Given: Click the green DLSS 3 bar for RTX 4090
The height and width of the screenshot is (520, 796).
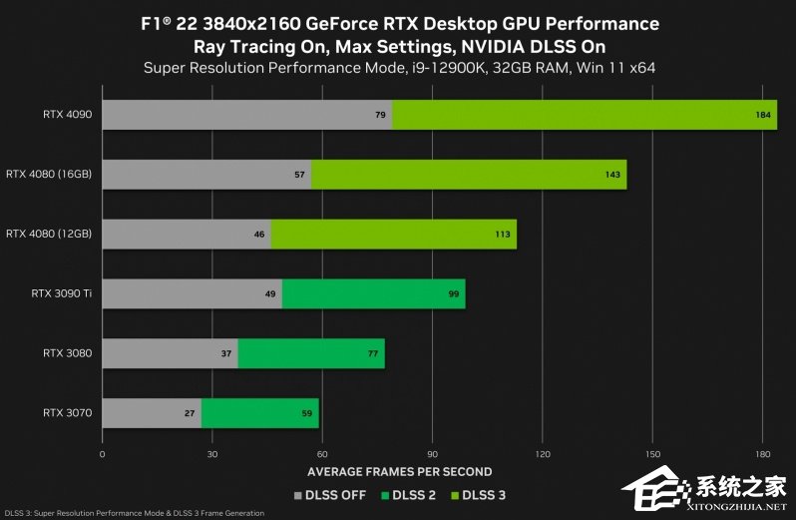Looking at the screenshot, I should coord(584,115).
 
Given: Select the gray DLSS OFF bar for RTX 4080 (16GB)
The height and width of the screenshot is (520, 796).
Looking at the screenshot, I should coord(205,175).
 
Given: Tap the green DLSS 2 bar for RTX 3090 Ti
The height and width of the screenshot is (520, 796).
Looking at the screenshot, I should coord(373,293).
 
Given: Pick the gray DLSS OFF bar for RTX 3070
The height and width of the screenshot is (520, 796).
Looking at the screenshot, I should coord(151,412).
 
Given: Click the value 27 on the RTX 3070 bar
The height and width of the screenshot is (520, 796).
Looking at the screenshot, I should coord(190,412).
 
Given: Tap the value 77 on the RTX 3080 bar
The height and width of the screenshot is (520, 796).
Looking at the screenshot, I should coord(372,353).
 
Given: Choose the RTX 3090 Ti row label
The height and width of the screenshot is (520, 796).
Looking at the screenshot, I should coord(62,293).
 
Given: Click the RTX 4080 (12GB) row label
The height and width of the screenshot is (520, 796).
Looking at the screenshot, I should coord(49,234).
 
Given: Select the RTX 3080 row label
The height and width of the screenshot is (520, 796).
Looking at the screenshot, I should coord(68,353).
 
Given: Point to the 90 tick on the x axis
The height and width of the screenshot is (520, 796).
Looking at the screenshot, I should coord(432,453).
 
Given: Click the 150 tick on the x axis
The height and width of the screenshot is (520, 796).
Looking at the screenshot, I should coord(651,453).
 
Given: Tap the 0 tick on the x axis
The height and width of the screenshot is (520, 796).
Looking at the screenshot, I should coord(103,453).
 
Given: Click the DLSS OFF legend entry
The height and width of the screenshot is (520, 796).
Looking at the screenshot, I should coord(330,494).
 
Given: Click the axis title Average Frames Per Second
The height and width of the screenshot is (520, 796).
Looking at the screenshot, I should coord(399,472).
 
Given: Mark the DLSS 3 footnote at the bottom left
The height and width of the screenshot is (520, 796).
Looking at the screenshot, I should coord(135,513).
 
